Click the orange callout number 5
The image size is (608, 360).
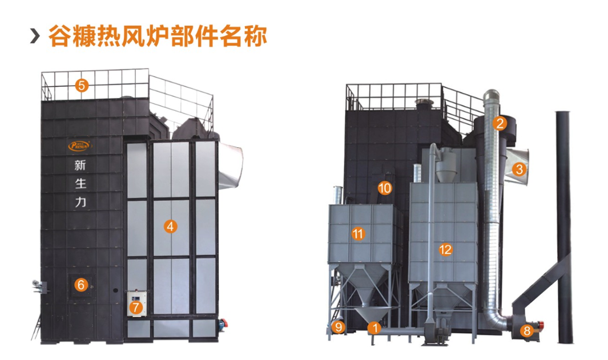pyautogui.click(x=82, y=86)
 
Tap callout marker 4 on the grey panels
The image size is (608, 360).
pyautogui.click(x=170, y=226)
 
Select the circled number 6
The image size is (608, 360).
pyautogui.click(x=82, y=284)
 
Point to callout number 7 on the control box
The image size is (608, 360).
pyautogui.click(x=136, y=307)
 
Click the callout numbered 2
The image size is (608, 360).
pyautogui.click(x=500, y=123)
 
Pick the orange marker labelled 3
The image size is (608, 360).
pyautogui.click(x=518, y=169)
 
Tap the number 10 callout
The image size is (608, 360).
pyautogui.click(x=385, y=188)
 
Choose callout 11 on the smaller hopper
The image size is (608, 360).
pyautogui.click(x=358, y=233)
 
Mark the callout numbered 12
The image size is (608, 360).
pyautogui.click(x=445, y=249)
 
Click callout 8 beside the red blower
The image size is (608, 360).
pyautogui.click(x=526, y=330)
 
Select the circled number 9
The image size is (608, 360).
pyautogui.click(x=339, y=327)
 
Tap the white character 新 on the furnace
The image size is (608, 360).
pyautogui.click(x=79, y=166)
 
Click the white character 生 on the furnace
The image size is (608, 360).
pyautogui.click(x=79, y=184)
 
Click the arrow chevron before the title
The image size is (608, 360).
pyautogui.click(x=35, y=37)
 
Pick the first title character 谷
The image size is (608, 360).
pyautogui.click(x=59, y=37)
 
